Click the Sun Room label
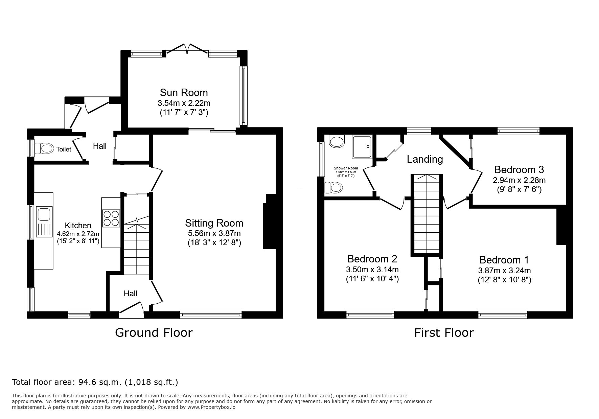184,92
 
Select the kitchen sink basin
44,214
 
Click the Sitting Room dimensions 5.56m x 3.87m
214,233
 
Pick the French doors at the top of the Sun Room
187,50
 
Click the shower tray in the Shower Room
362,147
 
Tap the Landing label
425,159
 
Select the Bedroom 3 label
519,169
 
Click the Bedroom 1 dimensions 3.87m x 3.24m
504,271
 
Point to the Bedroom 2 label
372,259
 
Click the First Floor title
444,333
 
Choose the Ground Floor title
154,333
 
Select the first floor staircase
427,214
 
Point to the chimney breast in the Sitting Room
270,222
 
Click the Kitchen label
78,226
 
